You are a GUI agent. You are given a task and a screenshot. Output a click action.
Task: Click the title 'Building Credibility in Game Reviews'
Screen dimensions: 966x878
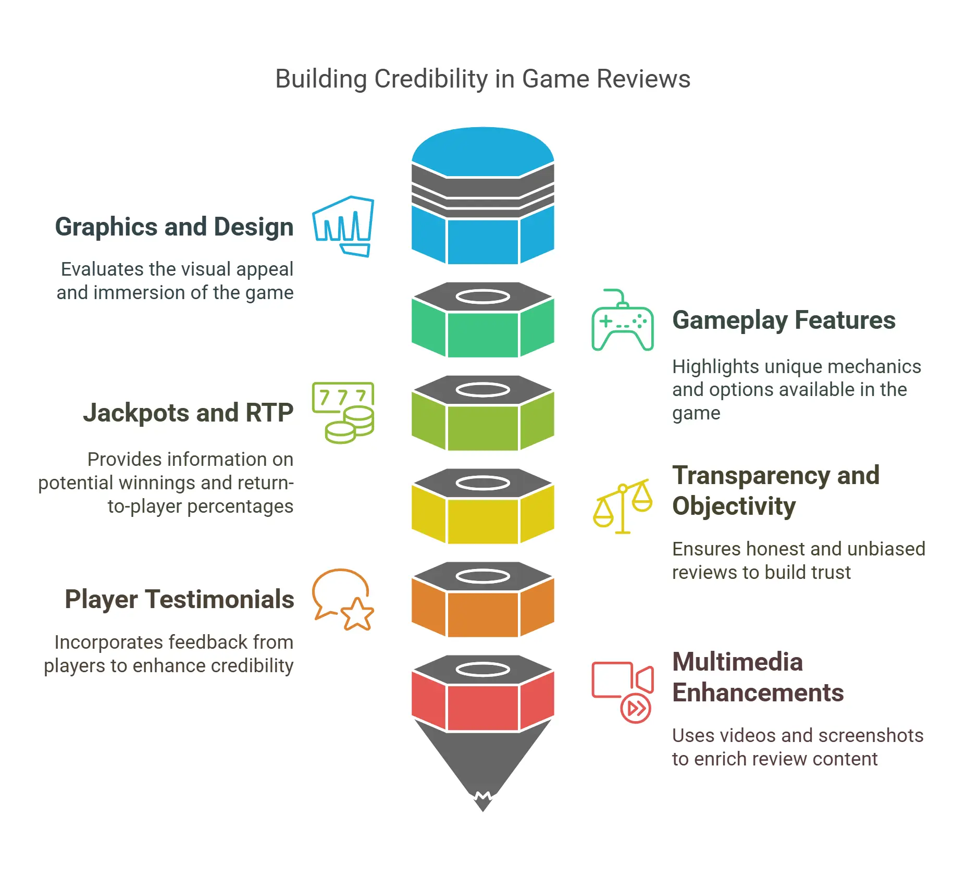tap(482, 79)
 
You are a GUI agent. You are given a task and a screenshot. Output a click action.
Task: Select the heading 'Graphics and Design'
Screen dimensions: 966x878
tap(174, 227)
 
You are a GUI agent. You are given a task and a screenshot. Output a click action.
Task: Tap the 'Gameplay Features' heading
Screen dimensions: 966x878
tap(784, 320)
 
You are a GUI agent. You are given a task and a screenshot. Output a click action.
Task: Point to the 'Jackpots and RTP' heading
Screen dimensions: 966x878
tap(188, 413)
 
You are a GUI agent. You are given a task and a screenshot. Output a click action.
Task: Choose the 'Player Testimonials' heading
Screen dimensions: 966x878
tap(179, 599)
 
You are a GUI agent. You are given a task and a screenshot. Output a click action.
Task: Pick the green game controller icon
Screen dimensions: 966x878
tap(622, 320)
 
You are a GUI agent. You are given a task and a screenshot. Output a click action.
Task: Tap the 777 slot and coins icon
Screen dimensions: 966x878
tap(343, 413)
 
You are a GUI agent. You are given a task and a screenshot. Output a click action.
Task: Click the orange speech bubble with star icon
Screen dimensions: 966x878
tap(343, 599)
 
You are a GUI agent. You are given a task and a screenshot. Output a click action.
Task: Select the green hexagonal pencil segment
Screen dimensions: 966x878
tap(482, 333)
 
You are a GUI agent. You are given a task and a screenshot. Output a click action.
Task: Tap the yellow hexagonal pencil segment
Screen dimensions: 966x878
tap(482, 520)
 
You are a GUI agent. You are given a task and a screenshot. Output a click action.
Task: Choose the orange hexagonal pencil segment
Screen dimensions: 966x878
tap(482, 613)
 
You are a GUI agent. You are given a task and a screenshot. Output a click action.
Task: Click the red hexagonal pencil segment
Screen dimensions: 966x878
tap(482, 707)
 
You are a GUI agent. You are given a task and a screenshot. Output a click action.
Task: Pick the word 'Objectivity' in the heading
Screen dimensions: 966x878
tap(734, 506)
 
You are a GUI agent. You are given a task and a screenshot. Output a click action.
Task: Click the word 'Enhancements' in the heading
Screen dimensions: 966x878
tap(758, 693)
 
